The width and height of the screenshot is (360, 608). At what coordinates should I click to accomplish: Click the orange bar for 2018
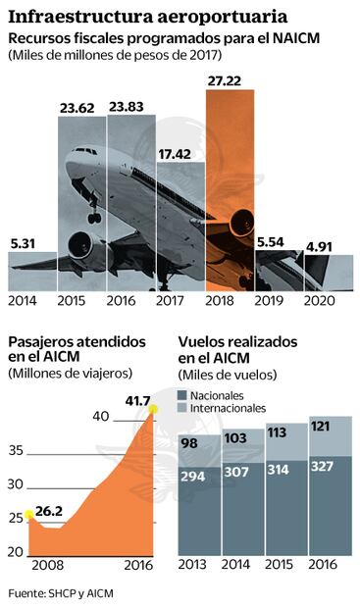coord(231,186)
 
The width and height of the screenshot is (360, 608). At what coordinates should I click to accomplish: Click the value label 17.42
coord(180,154)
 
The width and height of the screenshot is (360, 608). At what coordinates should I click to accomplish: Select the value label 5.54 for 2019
coord(279,241)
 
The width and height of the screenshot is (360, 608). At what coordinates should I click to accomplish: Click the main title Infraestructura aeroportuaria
coord(147,16)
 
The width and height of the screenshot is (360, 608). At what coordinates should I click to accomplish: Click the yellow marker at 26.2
coord(28,514)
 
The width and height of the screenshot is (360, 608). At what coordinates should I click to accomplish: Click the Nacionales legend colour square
coord(183,394)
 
